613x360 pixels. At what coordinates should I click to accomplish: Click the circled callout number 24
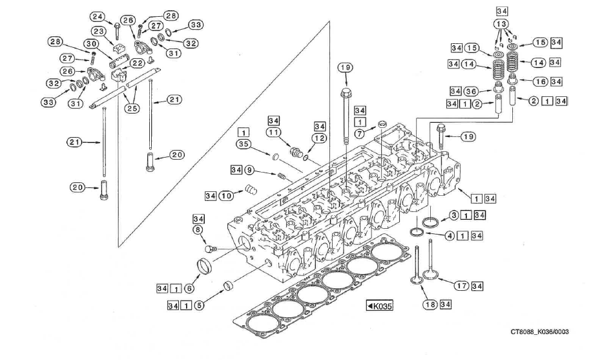pos(98,16)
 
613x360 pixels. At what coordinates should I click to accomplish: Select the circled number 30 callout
pos(92,43)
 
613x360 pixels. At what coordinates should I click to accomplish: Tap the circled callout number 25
pos(132,108)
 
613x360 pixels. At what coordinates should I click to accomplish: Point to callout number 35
pos(244,144)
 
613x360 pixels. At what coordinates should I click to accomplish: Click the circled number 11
pos(274,132)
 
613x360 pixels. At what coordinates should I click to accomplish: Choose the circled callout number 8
pos(198,229)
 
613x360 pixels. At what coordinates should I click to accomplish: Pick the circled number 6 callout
pos(189,289)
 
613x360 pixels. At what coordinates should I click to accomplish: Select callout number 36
pos(472,92)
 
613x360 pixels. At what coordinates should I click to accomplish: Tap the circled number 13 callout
pos(502,24)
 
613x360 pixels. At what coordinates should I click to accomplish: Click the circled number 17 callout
pos(461,286)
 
